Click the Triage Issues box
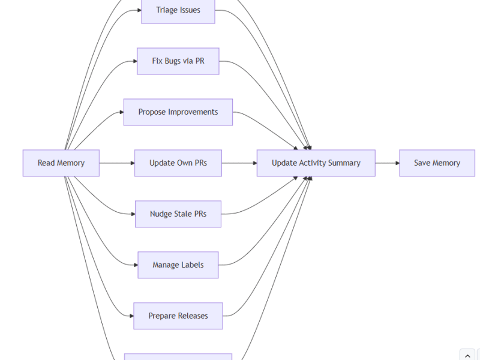click(178, 10)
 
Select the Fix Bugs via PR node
click(178, 61)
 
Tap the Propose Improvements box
click(178, 112)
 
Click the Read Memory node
click(61, 163)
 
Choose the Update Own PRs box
click(178, 163)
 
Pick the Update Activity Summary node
click(316, 163)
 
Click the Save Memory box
click(437, 163)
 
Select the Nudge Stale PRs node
click(178, 214)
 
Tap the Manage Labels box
click(178, 265)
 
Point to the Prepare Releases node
click(178, 316)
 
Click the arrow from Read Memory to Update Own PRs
click(116, 163)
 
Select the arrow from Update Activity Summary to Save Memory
click(387, 163)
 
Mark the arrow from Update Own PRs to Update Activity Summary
click(239, 163)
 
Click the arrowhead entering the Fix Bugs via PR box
click(134, 61)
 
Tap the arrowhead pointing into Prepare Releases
click(130, 316)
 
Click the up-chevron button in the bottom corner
click(467, 355)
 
